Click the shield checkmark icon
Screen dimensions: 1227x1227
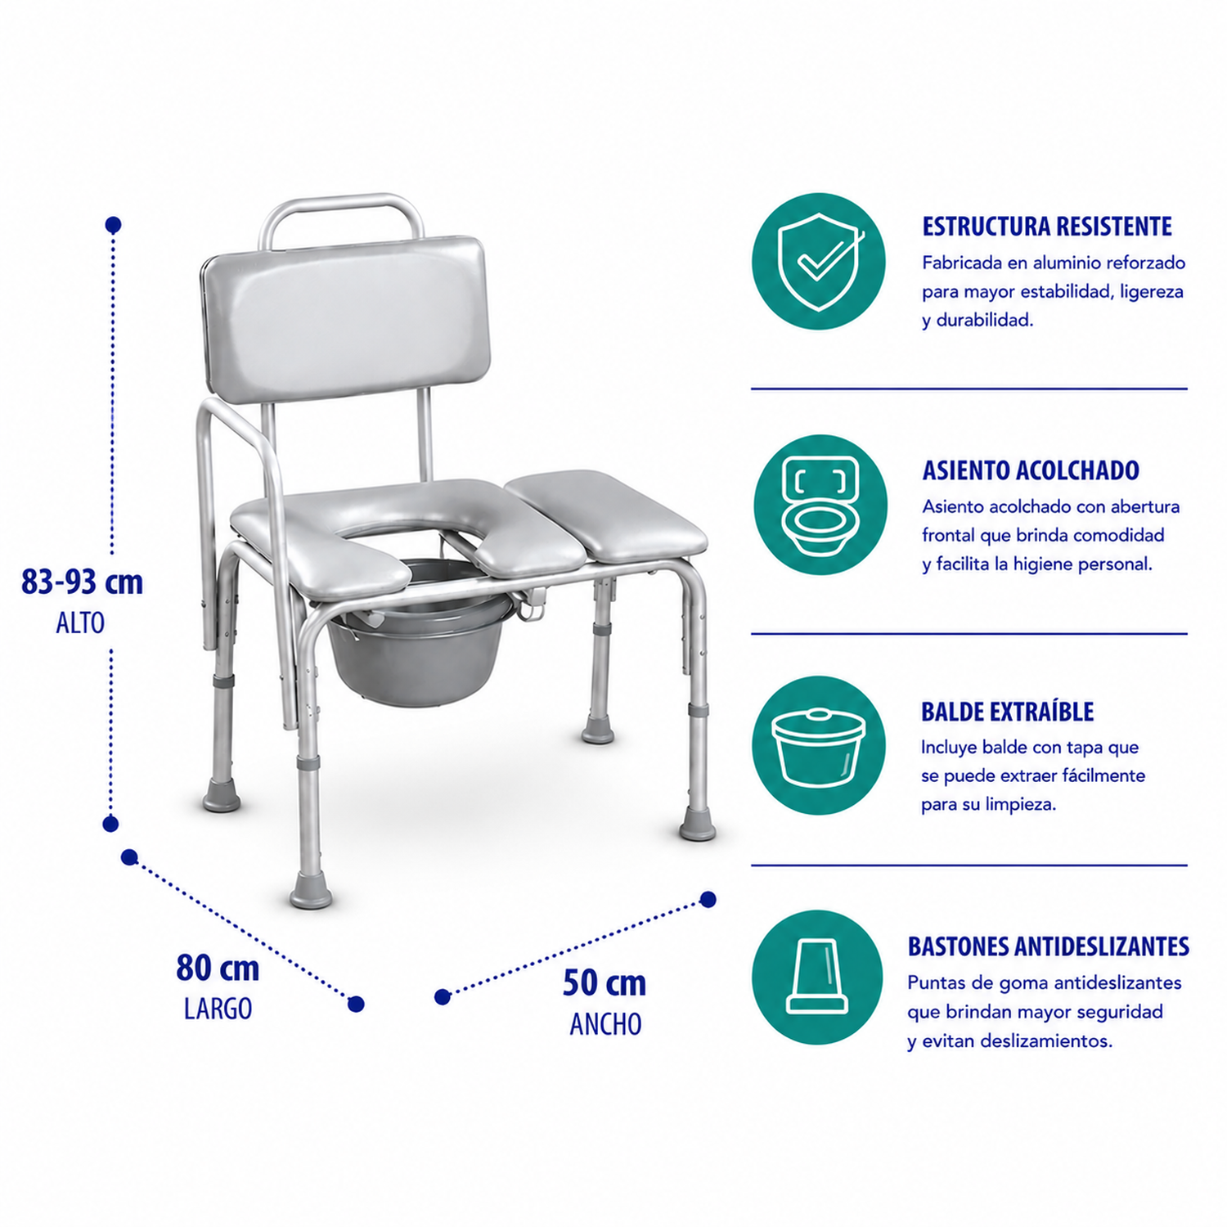pyautogui.click(x=819, y=262)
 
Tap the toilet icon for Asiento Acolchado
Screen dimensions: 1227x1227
pyautogui.click(x=820, y=505)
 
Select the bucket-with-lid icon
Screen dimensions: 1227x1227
pyautogui.click(x=819, y=746)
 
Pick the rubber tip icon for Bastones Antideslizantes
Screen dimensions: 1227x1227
pyautogui.click(x=817, y=978)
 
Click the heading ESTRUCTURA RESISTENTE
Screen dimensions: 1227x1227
pyautogui.click(x=1047, y=227)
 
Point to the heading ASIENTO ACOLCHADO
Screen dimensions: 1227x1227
pyautogui.click(x=1031, y=470)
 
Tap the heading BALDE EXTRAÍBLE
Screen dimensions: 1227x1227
pyautogui.click(x=1007, y=711)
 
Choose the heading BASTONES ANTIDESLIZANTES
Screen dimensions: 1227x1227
pyautogui.click(x=1048, y=946)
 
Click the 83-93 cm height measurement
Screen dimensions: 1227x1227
pyautogui.click(x=82, y=582)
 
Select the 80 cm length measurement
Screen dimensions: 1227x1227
pyautogui.click(x=218, y=969)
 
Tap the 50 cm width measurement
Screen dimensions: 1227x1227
pyautogui.click(x=605, y=983)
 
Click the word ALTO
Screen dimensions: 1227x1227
pyautogui.click(x=80, y=623)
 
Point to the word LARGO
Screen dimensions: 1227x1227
pyautogui.click(x=218, y=1009)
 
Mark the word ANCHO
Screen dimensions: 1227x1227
pyautogui.click(x=605, y=1024)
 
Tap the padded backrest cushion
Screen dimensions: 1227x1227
pyautogui.click(x=347, y=319)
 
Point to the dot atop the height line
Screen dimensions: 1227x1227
pyautogui.click(x=114, y=224)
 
